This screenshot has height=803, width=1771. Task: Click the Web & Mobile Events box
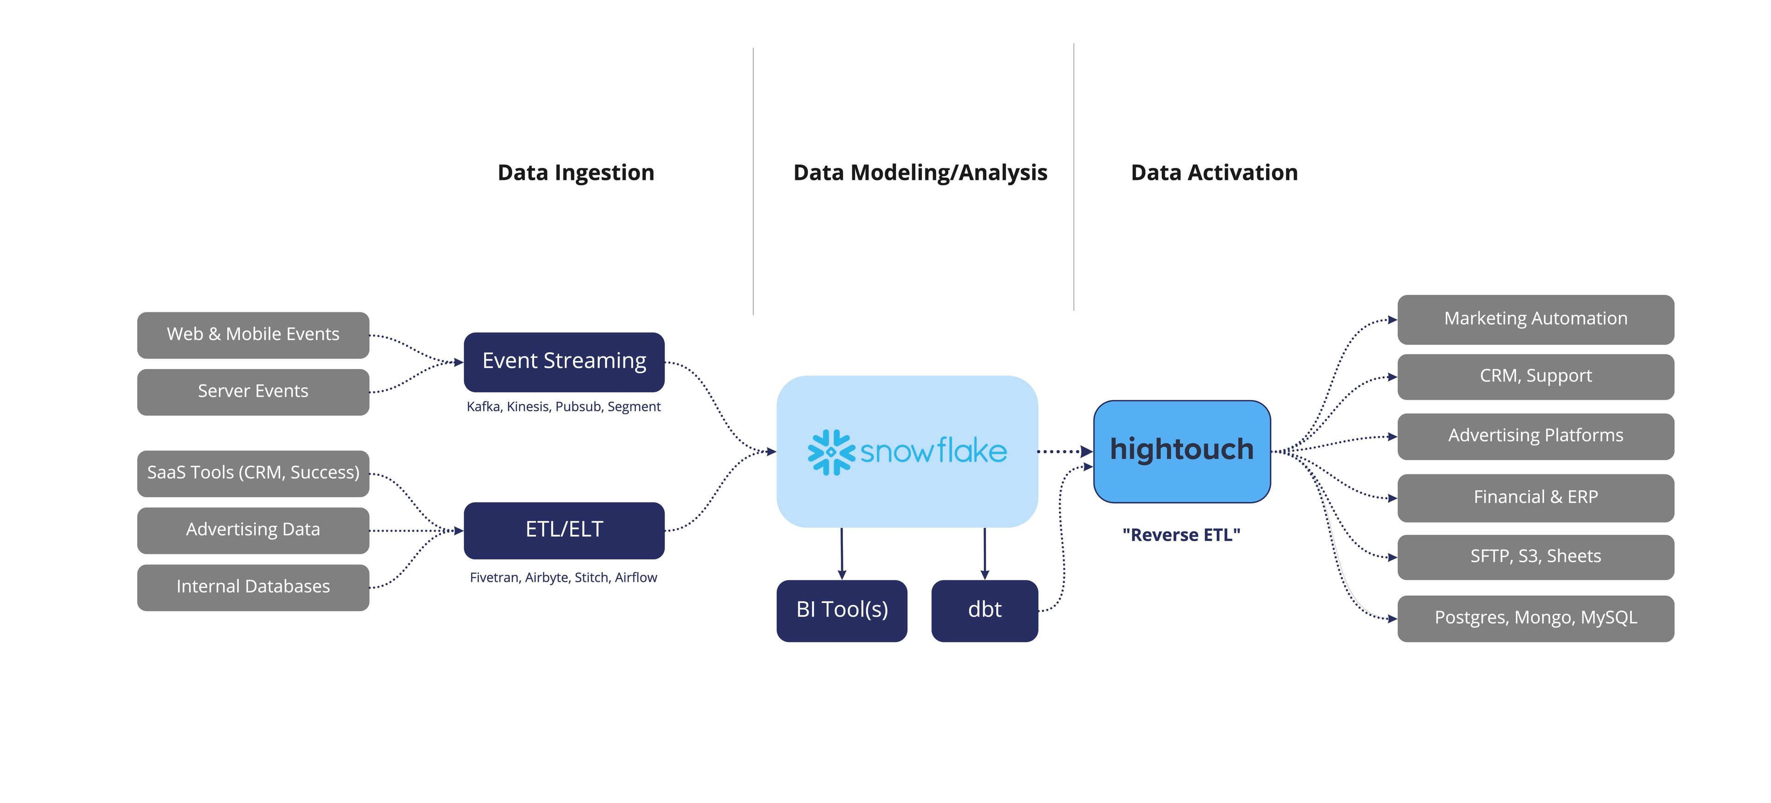coord(253,335)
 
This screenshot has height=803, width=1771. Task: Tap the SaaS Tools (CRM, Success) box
coord(253,473)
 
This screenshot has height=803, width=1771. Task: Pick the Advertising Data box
coord(253,530)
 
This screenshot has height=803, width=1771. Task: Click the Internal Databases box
coord(253,587)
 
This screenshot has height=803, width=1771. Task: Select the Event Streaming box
coord(564,362)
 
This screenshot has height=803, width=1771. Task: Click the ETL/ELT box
coord(564,530)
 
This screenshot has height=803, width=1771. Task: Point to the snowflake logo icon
coord(831,452)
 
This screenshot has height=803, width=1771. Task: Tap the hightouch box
coord(1181,451)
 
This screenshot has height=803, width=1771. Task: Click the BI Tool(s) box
coord(842,611)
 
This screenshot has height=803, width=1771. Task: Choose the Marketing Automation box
coord(1535,319)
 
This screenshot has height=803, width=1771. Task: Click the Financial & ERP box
coord(1535,498)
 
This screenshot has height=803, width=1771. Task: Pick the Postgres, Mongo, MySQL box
coord(1535,618)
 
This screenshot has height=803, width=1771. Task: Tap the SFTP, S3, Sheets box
coord(1535,557)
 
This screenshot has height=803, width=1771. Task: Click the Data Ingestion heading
coord(576,172)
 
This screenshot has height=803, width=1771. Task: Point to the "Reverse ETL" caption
coord(1181,535)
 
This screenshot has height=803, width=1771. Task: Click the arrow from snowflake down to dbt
coord(985,553)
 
